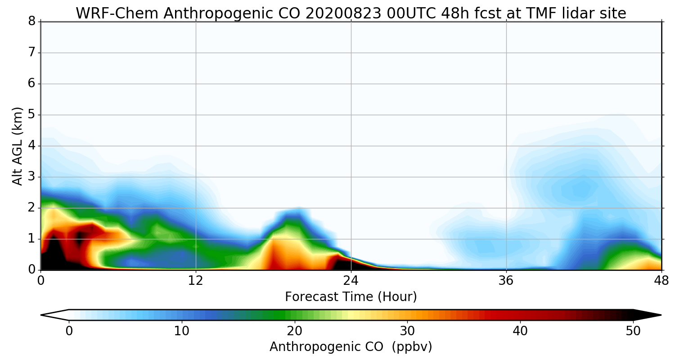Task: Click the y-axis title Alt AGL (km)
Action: coord(18,146)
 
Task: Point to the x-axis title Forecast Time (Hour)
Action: coord(351,297)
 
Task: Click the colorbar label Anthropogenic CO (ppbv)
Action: coord(351,346)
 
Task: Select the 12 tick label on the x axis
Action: coord(196,280)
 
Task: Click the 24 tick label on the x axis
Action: coord(351,280)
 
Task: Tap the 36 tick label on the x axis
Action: coord(506,280)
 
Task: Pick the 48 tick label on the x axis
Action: coord(661,280)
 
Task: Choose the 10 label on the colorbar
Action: coord(182,331)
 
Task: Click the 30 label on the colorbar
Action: coord(408,331)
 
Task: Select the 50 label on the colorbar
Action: coord(633,331)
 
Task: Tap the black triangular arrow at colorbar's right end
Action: coord(648,315)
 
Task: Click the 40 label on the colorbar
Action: coord(520,331)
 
